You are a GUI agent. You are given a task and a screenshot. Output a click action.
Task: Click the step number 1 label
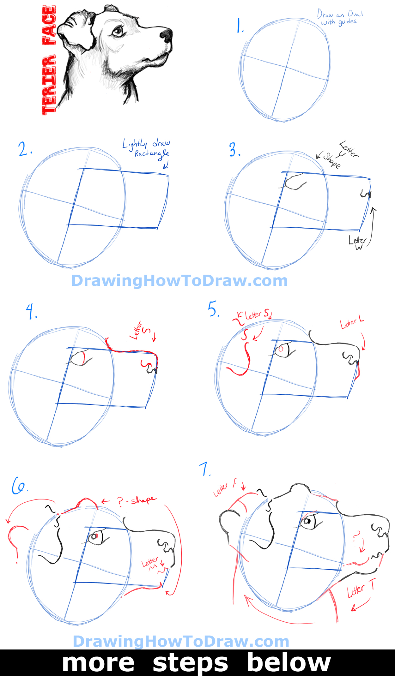(x=240, y=26)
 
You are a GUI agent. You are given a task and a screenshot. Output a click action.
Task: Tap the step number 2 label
(x=25, y=149)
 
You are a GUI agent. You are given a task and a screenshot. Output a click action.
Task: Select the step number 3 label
(x=235, y=150)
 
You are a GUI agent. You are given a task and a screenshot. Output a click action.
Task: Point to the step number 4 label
(x=31, y=312)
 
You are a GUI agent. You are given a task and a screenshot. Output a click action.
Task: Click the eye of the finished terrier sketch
(x=118, y=31)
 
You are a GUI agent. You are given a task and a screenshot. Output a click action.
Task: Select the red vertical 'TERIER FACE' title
(x=49, y=60)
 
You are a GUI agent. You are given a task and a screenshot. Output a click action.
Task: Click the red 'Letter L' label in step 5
(x=351, y=323)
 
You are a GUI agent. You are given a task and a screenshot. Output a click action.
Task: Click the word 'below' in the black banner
(x=289, y=663)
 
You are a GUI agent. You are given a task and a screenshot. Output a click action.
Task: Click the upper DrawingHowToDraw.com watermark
(x=179, y=281)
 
